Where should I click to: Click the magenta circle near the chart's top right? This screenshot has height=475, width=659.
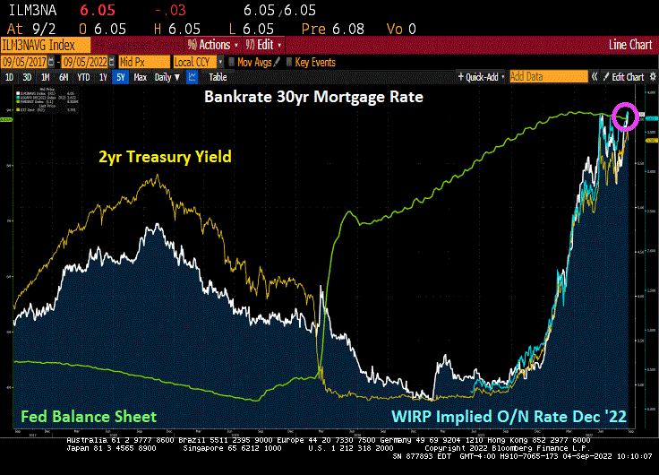625,116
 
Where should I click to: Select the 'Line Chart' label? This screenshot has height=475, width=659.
629,45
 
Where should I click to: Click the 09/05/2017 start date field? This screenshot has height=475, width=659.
28,62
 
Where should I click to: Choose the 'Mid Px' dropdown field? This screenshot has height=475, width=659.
143,62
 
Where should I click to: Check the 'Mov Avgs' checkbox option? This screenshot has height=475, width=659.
255,62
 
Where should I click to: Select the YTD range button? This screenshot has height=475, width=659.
84,77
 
